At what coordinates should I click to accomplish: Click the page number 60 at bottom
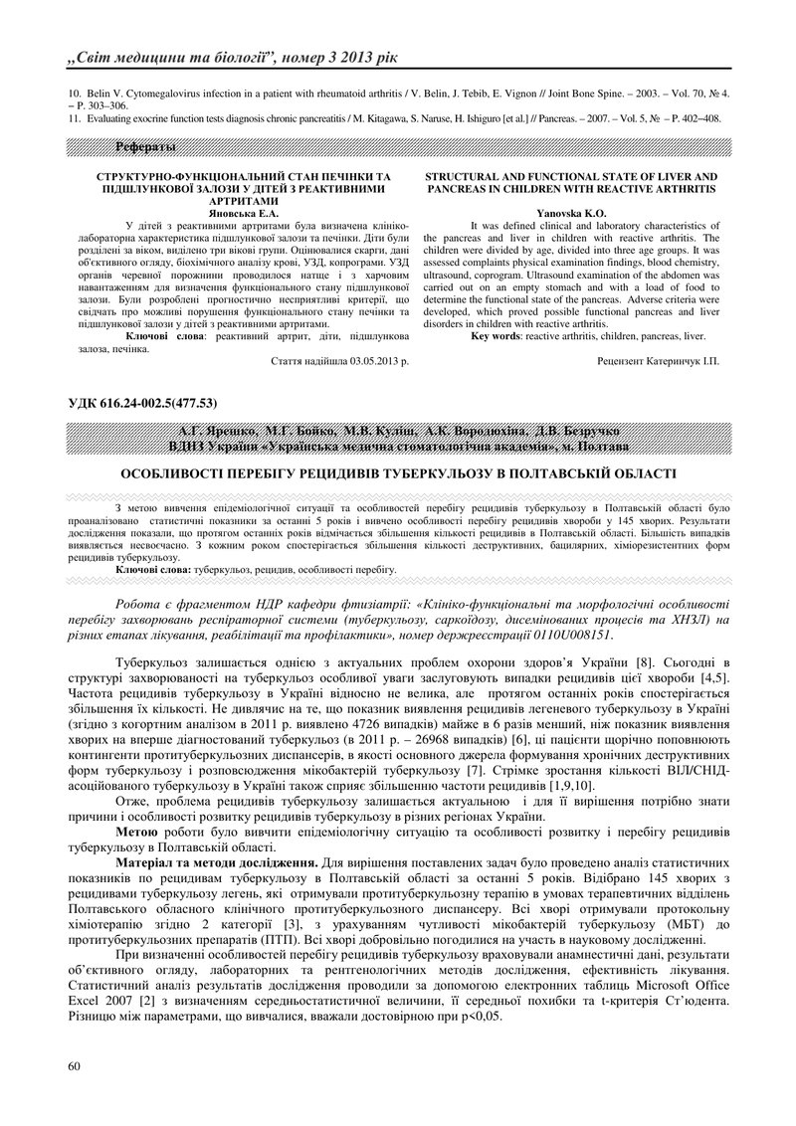click(72, 1067)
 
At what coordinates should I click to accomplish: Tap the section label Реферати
click(146, 148)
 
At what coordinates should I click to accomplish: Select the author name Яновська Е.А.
click(243, 213)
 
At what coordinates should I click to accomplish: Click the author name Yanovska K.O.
click(571, 213)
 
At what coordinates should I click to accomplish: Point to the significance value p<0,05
click(482, 1018)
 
